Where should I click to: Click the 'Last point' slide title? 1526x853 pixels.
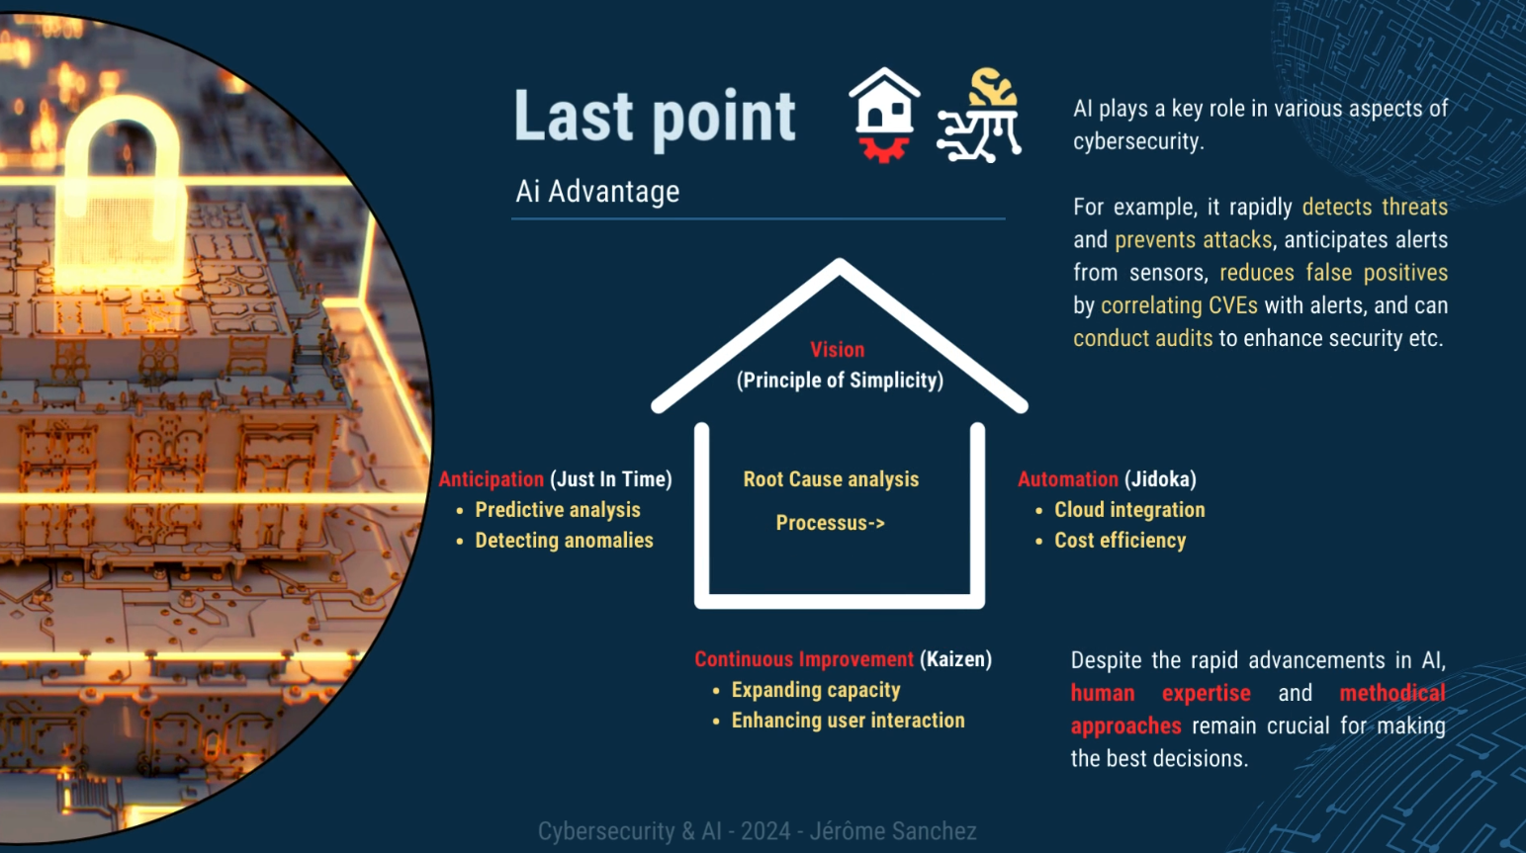(654, 118)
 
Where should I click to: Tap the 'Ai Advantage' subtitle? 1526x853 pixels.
(597, 192)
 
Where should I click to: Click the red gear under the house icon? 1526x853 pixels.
(883, 149)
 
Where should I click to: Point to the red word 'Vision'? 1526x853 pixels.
(838, 349)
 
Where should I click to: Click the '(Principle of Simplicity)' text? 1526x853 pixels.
(840, 380)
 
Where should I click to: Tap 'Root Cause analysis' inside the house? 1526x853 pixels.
(831, 479)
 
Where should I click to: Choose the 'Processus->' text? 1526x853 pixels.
(831, 523)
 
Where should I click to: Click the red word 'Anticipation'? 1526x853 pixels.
(492, 479)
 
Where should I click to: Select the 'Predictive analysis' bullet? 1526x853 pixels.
(558, 510)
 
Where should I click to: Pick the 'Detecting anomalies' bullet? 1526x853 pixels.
(564, 541)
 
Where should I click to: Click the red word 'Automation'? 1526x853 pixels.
(1068, 479)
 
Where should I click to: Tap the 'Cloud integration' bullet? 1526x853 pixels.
(1129, 510)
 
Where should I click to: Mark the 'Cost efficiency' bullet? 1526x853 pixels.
(1120, 541)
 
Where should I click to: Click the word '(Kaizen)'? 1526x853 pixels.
(955, 659)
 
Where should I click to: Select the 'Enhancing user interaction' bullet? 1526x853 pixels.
(849, 721)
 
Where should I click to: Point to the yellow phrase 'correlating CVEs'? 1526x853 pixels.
(1179, 305)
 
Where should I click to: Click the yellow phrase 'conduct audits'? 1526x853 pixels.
(1143, 338)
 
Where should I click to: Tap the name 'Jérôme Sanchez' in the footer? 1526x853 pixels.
(892, 831)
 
